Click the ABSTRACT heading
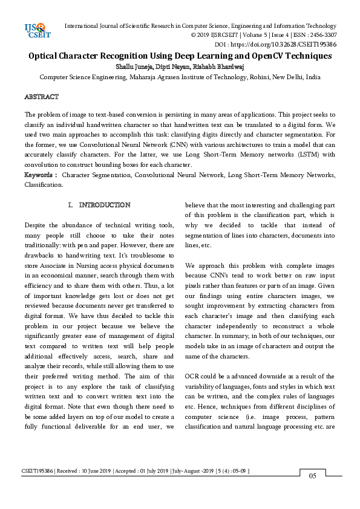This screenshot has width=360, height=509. click(41, 97)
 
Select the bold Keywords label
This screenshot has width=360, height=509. click(40, 175)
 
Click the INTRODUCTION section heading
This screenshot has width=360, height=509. click(105, 206)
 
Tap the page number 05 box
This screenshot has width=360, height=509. click(313, 476)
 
